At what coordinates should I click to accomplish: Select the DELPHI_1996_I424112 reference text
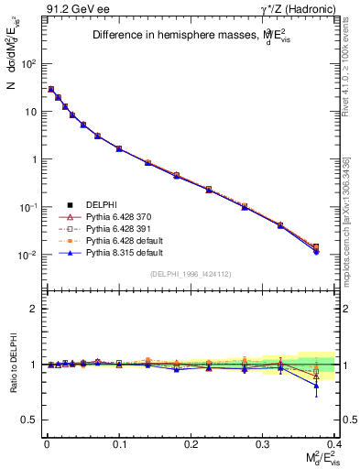tap(188, 274)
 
